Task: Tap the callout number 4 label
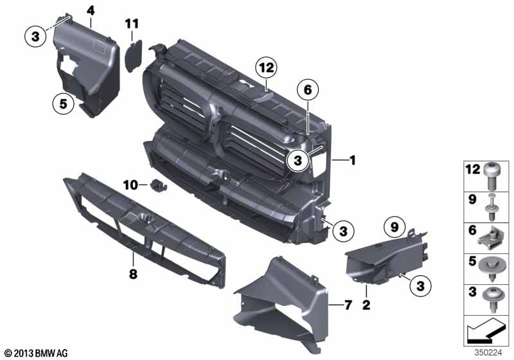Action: coord(91,10)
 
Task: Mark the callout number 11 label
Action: coord(132,24)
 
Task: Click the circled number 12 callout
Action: coord(266,66)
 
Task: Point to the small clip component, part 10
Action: coord(156,186)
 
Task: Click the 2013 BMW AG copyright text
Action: coord(35,353)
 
